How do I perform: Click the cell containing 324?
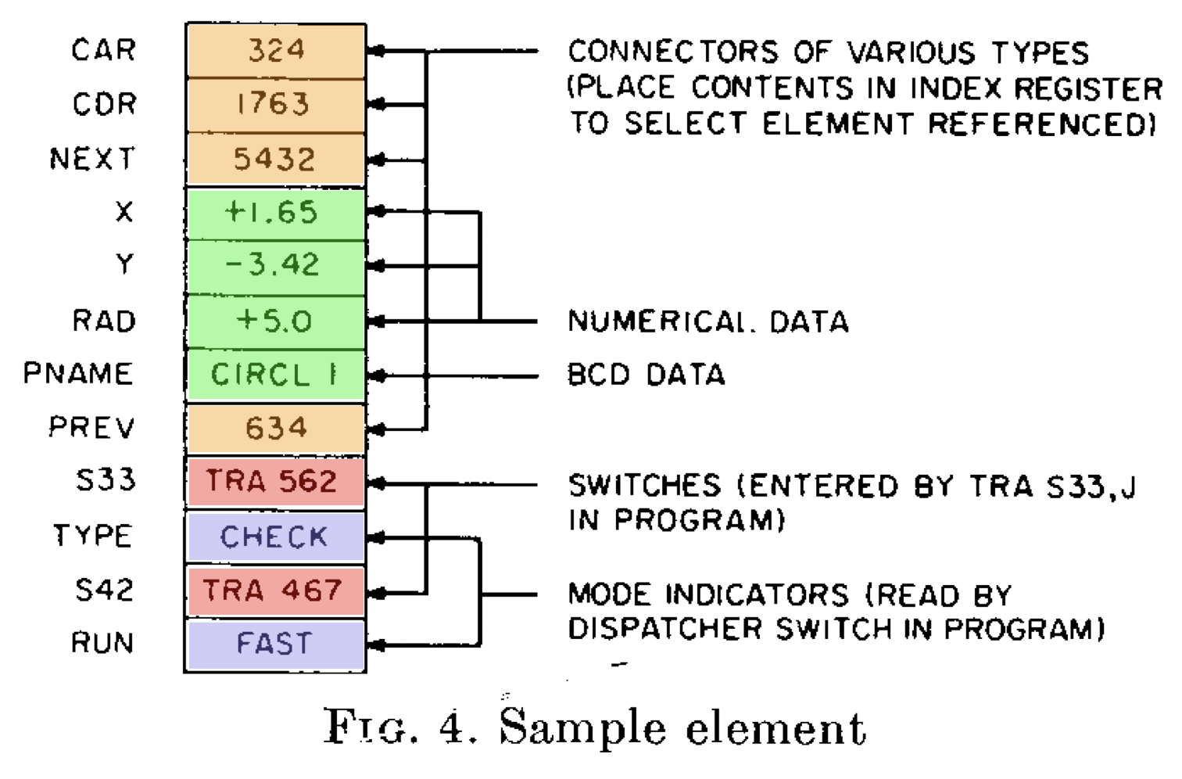275,51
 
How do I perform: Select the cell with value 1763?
275,105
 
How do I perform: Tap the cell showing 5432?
275,160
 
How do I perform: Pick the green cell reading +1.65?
275,213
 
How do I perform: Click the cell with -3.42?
275,266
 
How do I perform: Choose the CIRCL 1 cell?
275,375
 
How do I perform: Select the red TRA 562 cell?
275,482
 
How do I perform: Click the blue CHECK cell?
275,537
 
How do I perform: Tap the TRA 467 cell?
275,591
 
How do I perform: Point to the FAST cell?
275,644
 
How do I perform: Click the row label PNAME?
78,374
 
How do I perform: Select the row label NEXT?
92,159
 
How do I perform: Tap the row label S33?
106,479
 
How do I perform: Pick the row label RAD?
104,321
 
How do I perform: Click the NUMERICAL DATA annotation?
707,321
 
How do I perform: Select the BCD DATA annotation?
647,375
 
